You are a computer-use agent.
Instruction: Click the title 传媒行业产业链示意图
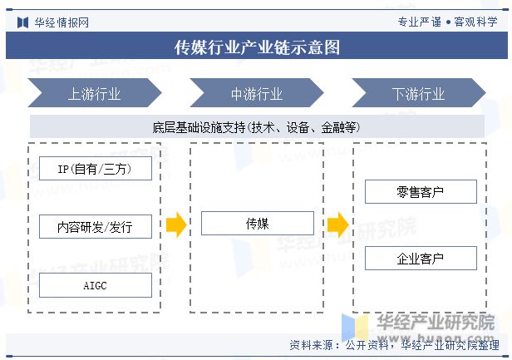(257, 47)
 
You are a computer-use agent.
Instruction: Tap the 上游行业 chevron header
(95, 93)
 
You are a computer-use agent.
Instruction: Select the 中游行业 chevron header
(257, 93)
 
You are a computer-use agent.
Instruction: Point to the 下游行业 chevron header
(419, 93)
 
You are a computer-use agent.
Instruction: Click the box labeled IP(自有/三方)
(96, 168)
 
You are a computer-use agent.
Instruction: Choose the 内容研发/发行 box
(96, 226)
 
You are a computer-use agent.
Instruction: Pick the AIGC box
(96, 285)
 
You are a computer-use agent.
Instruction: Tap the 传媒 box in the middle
(258, 223)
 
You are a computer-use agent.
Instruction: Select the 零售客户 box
(421, 191)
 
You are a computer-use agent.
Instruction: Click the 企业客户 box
(421, 258)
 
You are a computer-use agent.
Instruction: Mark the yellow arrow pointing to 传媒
(176, 224)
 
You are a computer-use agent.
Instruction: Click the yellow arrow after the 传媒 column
(338, 224)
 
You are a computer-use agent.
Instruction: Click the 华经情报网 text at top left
(62, 22)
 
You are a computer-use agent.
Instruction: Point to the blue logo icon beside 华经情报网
(23, 22)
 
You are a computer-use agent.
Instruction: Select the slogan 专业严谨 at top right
(419, 22)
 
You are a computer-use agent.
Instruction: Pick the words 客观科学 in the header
(475, 22)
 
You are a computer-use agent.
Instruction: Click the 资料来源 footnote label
(311, 345)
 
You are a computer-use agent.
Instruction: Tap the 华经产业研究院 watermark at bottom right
(436, 323)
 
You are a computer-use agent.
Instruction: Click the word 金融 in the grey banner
(332, 127)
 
